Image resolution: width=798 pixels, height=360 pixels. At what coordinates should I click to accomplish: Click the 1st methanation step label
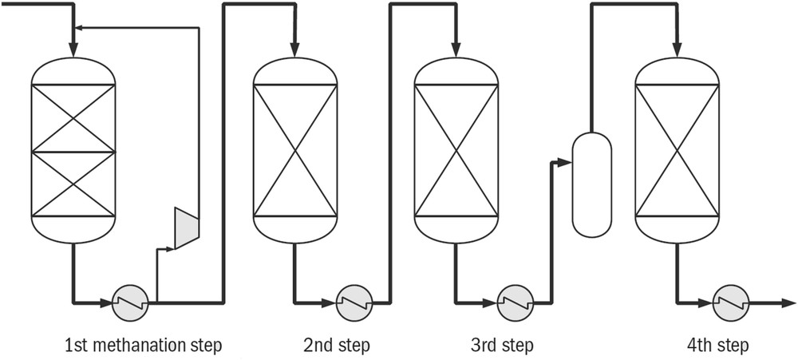pos(143,346)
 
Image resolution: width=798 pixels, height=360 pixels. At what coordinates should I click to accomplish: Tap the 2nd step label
pos(337,346)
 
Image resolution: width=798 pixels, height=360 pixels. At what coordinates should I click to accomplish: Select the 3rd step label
pos(501,346)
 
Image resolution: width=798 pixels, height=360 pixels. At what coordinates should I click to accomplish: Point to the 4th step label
pos(717,346)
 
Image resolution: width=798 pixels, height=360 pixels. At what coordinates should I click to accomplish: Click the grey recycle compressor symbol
pos(185,228)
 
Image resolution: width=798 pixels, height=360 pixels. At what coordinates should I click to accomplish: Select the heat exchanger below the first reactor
pos(131,303)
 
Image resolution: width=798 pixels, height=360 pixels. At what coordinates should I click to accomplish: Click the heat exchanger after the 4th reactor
pos(730,303)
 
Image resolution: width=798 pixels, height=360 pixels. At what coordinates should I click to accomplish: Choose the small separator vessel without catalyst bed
pos(591,184)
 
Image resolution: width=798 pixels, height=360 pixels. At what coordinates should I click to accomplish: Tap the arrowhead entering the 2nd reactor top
pos(294,50)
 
